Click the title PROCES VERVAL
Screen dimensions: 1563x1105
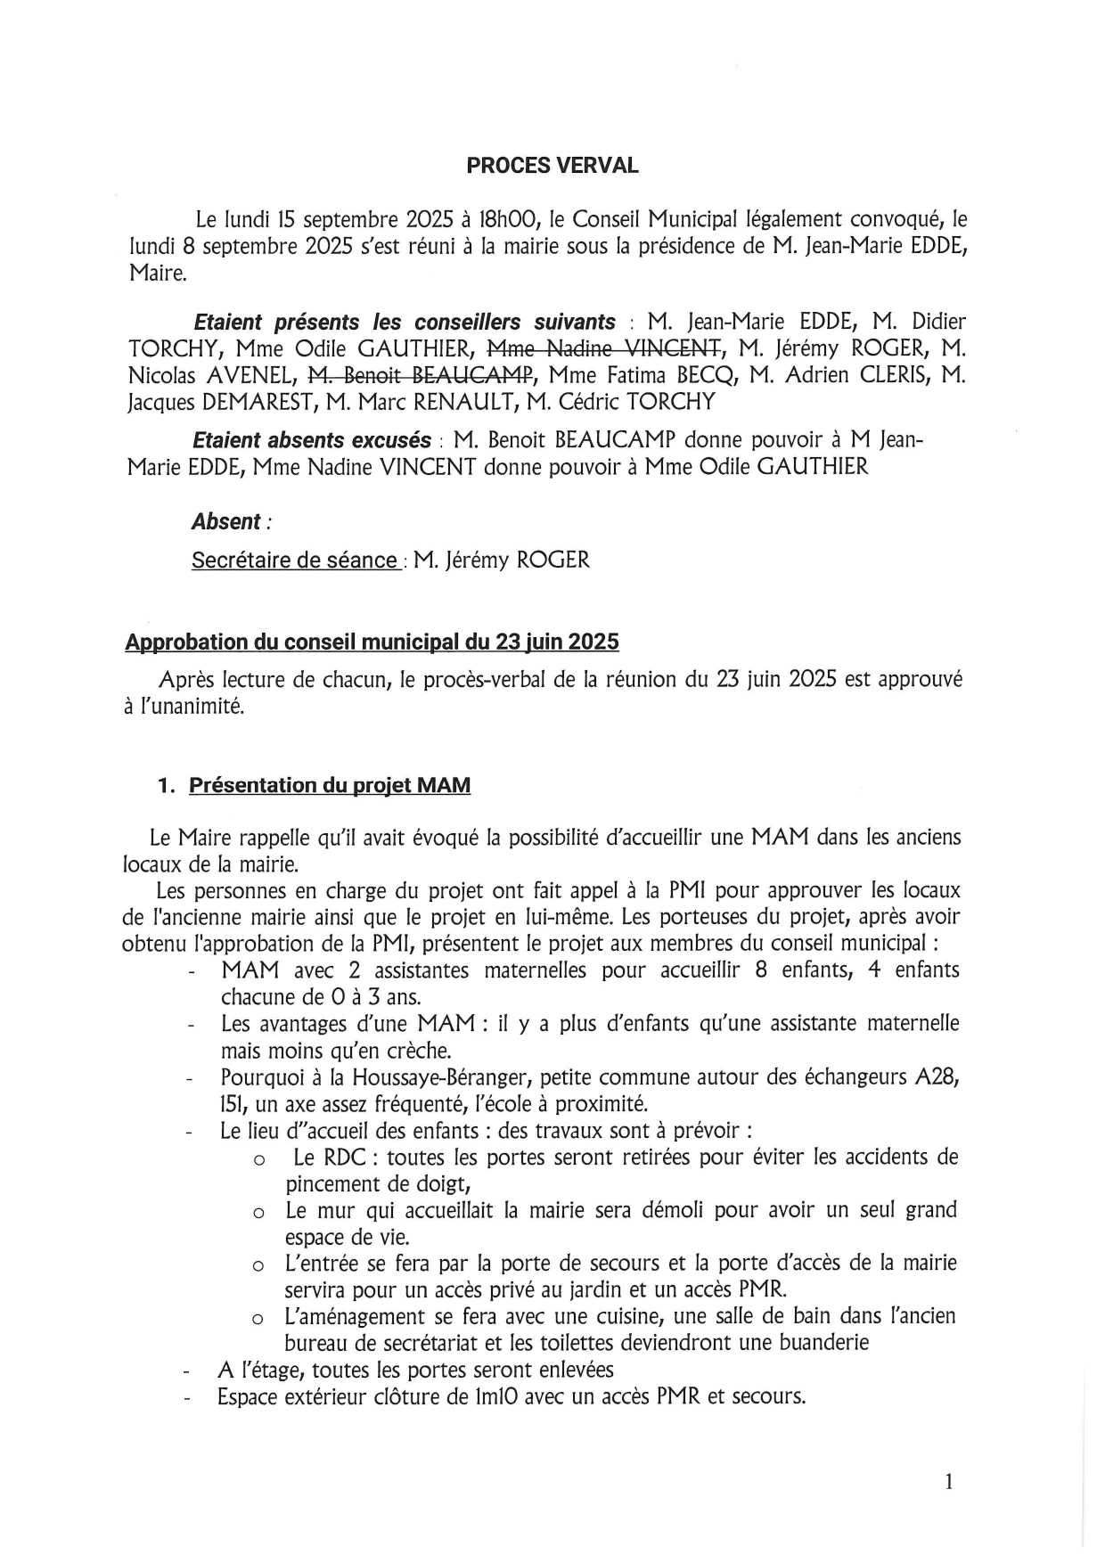click(552, 166)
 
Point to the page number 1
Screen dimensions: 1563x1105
click(949, 1482)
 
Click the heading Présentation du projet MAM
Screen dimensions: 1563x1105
click(330, 785)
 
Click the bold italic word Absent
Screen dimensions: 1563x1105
click(226, 522)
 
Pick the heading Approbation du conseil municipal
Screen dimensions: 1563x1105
click(372, 642)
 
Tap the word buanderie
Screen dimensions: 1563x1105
click(820, 1342)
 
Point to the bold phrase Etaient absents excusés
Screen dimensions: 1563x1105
click(312, 440)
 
